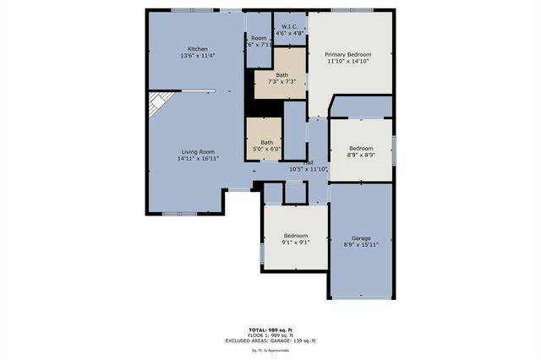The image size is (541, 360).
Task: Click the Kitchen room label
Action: tap(199, 49)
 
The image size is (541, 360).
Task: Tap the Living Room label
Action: tap(199, 151)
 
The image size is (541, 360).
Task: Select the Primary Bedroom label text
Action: tap(348, 54)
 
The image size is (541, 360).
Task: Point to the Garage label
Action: tap(361, 237)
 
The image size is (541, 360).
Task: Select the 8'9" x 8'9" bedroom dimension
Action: tap(361, 155)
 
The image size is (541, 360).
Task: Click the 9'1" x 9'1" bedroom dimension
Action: tap(295, 243)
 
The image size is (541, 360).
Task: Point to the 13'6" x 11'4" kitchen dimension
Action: tap(199, 57)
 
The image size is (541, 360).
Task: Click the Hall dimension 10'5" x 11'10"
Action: tap(309, 169)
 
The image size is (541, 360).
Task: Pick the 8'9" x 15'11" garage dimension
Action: tap(361, 245)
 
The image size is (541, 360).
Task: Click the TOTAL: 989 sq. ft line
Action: tap(270, 330)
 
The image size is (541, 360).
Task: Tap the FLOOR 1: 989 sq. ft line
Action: tap(270, 335)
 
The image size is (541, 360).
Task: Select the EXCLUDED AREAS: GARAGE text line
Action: tap(270, 340)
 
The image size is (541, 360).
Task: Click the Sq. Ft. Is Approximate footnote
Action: tap(270, 349)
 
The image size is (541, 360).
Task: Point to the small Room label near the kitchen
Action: tap(259, 38)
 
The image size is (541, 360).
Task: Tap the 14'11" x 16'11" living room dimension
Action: tap(199, 159)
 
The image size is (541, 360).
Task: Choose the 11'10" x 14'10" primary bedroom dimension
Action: tap(348, 62)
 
